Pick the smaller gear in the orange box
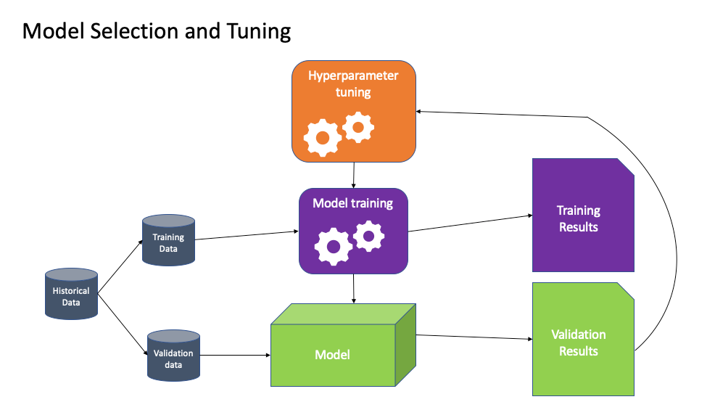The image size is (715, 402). [x=357, y=126]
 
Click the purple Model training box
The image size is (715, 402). [x=353, y=231]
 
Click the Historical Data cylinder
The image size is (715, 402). [x=71, y=293]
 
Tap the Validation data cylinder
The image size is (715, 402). [x=173, y=355]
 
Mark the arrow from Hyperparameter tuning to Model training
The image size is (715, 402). [x=354, y=175]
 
